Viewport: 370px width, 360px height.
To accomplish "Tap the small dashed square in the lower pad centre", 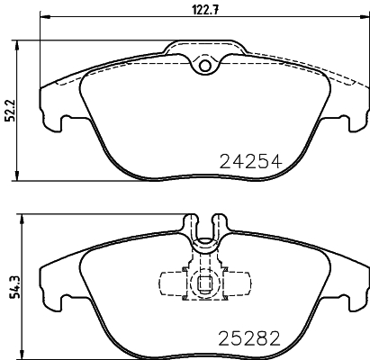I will pyautogui.click(x=205, y=289).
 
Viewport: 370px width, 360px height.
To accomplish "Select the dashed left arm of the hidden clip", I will pyautogui.click(x=168, y=280).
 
